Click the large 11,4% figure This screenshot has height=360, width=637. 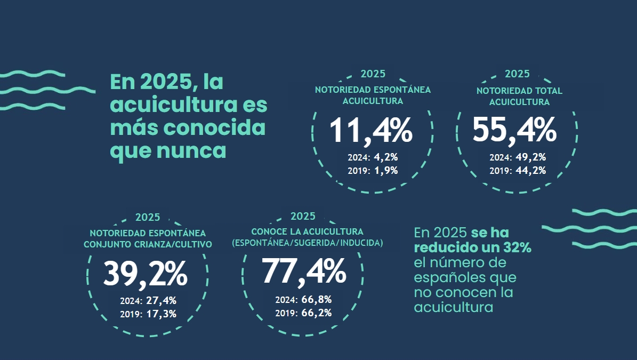[371, 131]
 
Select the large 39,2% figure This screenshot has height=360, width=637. [145, 274]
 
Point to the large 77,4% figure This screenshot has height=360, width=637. [304, 271]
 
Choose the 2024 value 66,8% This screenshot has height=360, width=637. [317, 299]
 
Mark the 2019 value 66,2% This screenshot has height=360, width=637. [317, 313]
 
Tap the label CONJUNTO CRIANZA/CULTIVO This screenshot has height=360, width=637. [148, 244]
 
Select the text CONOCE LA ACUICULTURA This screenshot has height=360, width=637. [307, 231]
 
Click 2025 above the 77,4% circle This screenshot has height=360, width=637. [303, 216]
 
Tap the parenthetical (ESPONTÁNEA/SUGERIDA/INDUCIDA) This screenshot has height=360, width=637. [307, 243]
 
